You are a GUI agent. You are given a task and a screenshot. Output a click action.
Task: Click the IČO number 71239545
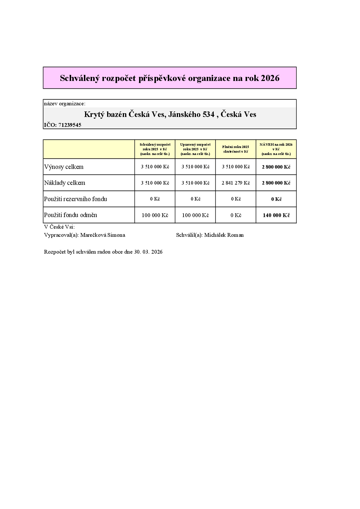pos(70,125)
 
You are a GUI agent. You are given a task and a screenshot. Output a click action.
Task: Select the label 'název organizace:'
pos(65,104)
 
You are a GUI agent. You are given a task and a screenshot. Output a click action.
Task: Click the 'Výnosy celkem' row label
pos(64,167)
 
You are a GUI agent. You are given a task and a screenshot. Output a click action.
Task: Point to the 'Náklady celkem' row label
pos(65,183)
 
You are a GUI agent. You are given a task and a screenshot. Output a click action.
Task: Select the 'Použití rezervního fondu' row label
pos(75,199)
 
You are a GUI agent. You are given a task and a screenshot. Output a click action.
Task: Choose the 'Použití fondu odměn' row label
pos(71,215)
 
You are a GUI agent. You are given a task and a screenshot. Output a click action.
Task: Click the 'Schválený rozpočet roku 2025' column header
pos(155,149)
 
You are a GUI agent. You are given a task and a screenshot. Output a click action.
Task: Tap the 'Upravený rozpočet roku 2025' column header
pos(195,149)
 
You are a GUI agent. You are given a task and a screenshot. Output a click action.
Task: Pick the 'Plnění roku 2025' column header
pos(236,149)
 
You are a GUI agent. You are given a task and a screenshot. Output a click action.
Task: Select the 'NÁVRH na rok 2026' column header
pos(276,149)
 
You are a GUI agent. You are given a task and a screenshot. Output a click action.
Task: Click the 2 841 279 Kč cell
pos(236,183)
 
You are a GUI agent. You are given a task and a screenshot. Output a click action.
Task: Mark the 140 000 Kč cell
pos(276,215)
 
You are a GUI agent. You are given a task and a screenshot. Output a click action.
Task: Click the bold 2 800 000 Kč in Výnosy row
pos(276,167)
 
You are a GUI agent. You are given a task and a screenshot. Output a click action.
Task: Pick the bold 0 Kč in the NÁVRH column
pos(276,199)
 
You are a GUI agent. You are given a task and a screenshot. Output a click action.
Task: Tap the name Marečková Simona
pos(103,235)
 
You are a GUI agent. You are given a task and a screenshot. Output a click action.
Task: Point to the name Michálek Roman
pos(224,235)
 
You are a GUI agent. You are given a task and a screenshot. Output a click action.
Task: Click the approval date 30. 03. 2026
pos(148,252)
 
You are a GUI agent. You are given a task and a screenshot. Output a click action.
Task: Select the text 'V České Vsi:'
pos(59,227)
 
